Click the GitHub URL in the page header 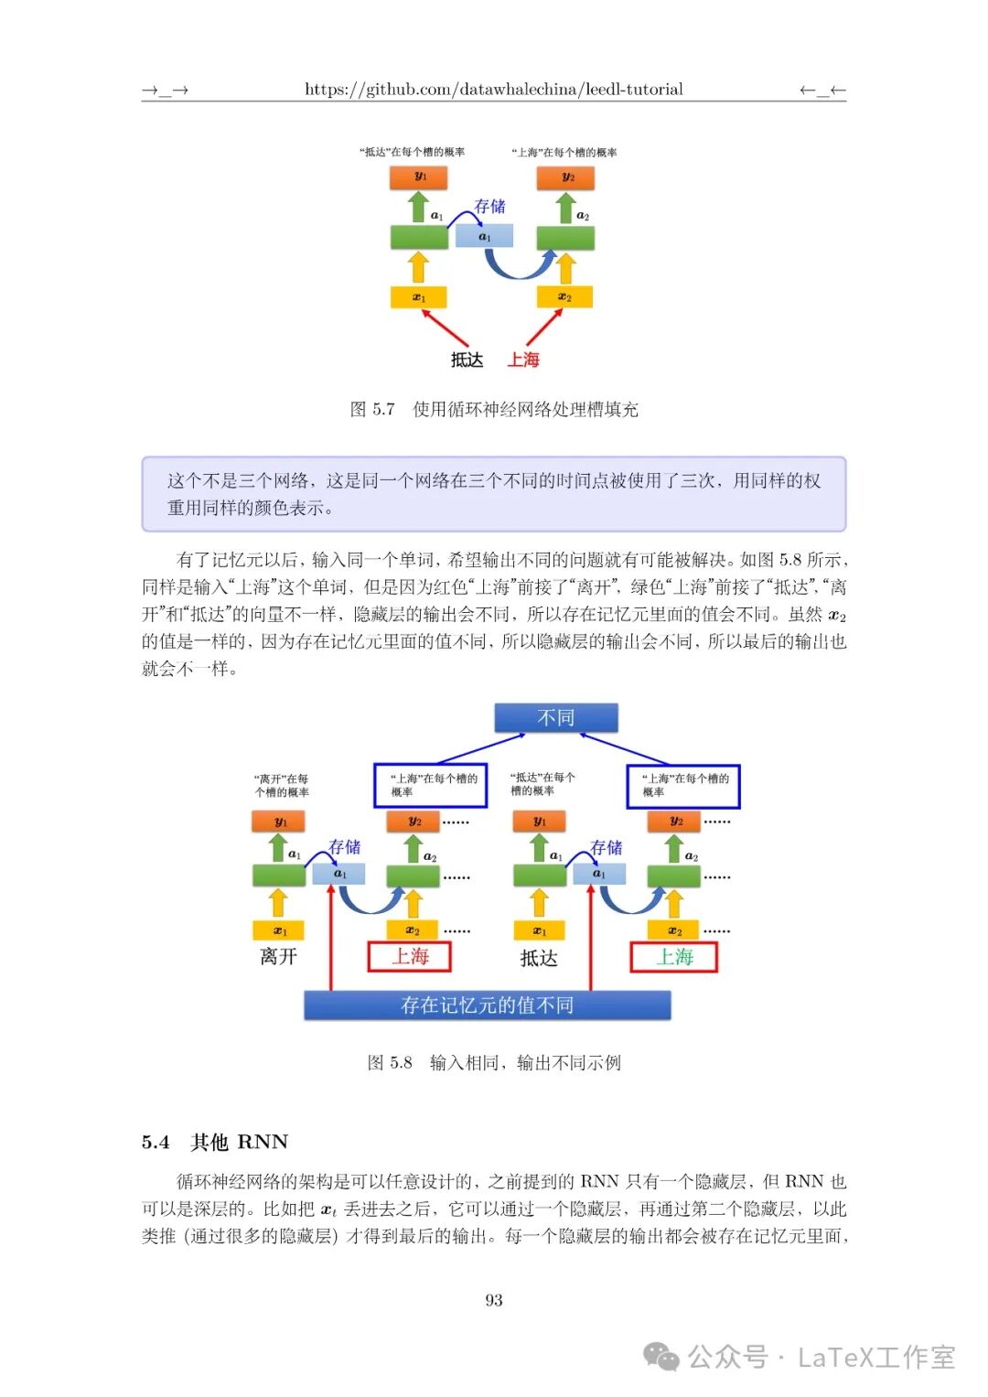pyautogui.click(x=493, y=90)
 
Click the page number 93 pyautogui.click(x=494, y=1300)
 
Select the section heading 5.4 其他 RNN pyautogui.click(x=215, y=1142)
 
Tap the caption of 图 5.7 pyautogui.click(x=494, y=409)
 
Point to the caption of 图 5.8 pyautogui.click(x=494, y=1062)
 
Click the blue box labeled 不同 pyautogui.click(x=555, y=718)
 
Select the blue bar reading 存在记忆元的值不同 pyautogui.click(x=487, y=1005)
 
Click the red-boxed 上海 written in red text pyautogui.click(x=410, y=957)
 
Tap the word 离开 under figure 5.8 pyautogui.click(x=278, y=957)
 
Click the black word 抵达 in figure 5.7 pyautogui.click(x=467, y=360)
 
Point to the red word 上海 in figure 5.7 pyautogui.click(x=523, y=360)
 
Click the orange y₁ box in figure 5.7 pyautogui.click(x=419, y=177)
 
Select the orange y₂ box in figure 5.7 pyautogui.click(x=567, y=177)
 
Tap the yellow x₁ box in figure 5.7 pyautogui.click(x=419, y=297)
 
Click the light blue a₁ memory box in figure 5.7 pyautogui.click(x=484, y=237)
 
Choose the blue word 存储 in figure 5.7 pyautogui.click(x=489, y=207)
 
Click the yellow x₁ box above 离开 pyautogui.click(x=279, y=931)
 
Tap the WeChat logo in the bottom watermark pyautogui.click(x=661, y=1357)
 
